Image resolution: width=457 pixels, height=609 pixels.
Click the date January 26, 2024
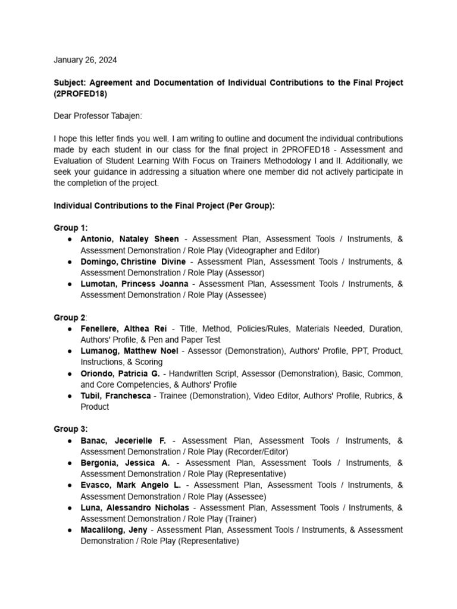(85, 60)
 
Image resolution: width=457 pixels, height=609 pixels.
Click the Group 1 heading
(70, 228)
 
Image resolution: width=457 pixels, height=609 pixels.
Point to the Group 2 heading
(70, 318)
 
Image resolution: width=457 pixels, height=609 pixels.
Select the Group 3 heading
(70, 429)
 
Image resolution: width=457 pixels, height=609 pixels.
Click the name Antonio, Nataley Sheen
(130, 239)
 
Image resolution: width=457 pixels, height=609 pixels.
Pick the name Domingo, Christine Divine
(133, 262)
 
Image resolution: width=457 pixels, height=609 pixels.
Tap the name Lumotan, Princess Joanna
(134, 284)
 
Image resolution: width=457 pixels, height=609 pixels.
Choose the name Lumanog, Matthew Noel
(129, 351)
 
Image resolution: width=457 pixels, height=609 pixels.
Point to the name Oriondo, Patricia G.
(121, 373)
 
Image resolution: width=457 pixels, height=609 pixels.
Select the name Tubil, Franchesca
(115, 396)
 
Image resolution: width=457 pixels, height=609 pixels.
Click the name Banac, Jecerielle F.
(124, 441)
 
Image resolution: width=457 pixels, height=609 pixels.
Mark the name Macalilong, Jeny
(114, 530)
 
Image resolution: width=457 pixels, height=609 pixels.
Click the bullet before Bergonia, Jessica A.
(70, 463)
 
